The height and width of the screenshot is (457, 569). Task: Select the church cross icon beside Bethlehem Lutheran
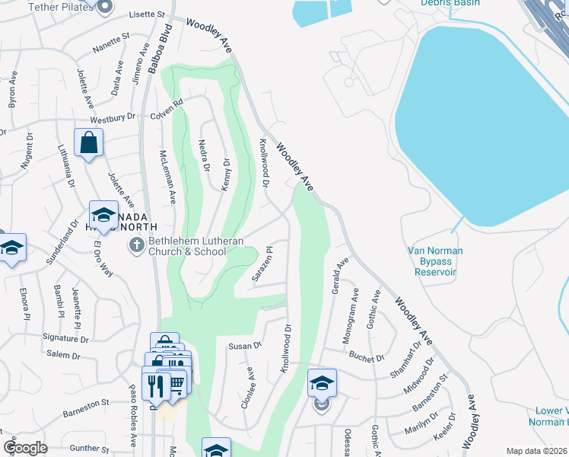pyautogui.click(x=135, y=245)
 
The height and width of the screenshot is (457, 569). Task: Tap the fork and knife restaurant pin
pyautogui.click(x=155, y=384)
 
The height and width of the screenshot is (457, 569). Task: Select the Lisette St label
pyautogui.click(x=147, y=14)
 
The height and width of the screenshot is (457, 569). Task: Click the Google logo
pyautogui.click(x=25, y=448)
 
